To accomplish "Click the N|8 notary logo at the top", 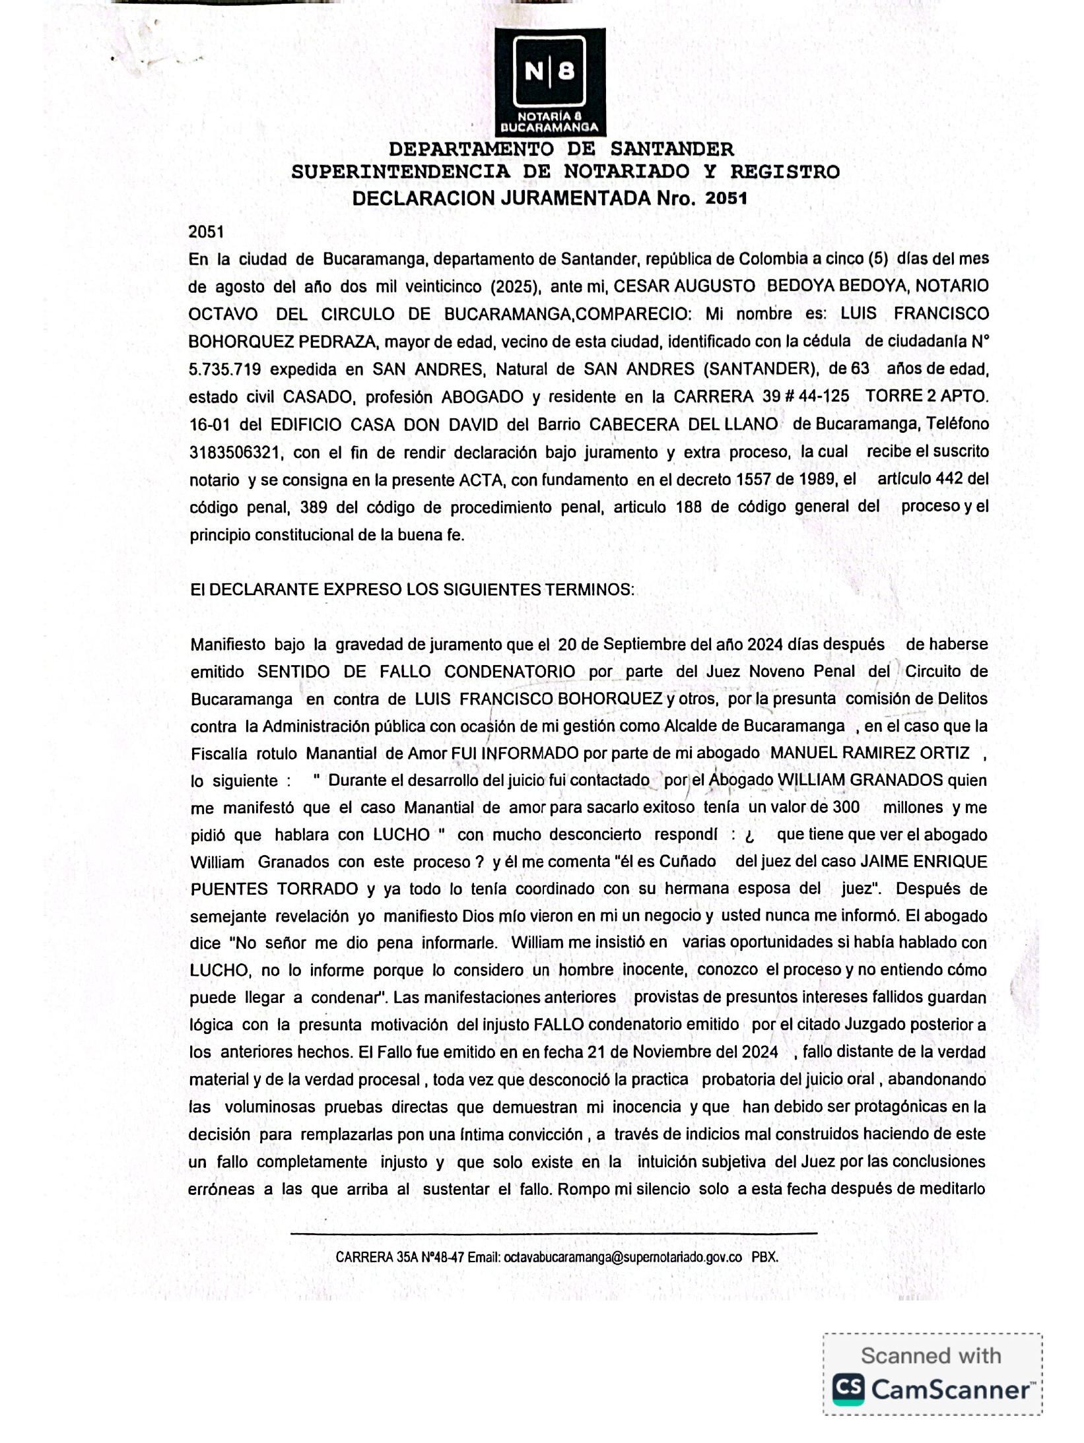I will (549, 81).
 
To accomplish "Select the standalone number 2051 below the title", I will (206, 232).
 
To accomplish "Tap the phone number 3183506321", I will (236, 453).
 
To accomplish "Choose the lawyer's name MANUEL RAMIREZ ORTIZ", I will (870, 754).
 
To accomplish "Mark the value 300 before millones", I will (846, 808).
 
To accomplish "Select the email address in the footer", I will (623, 1257).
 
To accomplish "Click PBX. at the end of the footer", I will (764, 1257).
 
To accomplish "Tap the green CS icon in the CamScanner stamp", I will (848, 1390).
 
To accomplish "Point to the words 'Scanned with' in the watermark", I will (931, 1356).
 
